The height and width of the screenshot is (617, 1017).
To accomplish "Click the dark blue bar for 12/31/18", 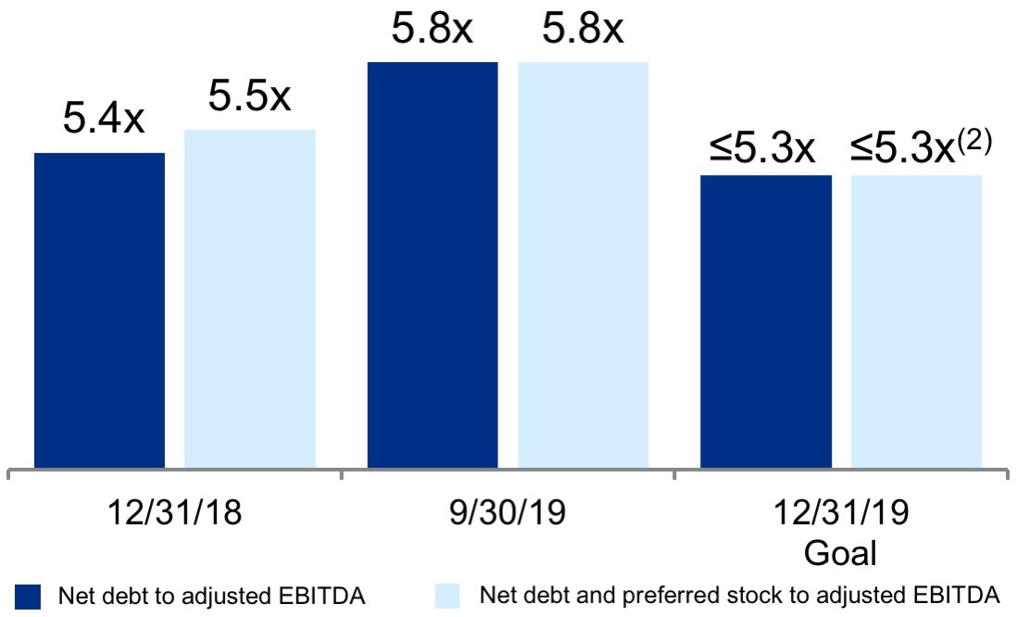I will pos(99,310).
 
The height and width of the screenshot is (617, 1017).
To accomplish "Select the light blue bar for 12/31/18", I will pos(250,298).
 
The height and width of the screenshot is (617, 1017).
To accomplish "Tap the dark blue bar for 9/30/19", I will pos(433,265).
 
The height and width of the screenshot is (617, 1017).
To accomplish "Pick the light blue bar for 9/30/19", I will pos(583,265).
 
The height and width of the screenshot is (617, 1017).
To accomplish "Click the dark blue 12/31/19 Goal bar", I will pos(765,321).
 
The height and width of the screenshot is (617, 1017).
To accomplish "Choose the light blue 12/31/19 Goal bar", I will pos(916,321).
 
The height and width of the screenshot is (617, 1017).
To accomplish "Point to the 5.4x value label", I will pos(103,120).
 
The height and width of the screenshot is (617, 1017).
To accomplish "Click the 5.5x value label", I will pos(249,96).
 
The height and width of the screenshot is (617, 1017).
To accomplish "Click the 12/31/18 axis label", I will pos(175,511).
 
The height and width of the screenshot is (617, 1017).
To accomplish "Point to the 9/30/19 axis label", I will pos(508,511).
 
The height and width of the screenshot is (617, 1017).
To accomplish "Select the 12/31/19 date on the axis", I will pos(840,511).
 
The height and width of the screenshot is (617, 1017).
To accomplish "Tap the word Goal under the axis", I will pos(840,552).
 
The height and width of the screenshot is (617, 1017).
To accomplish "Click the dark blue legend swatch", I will pos(29,596).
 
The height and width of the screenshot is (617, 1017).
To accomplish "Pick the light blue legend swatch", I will pos(446,596).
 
